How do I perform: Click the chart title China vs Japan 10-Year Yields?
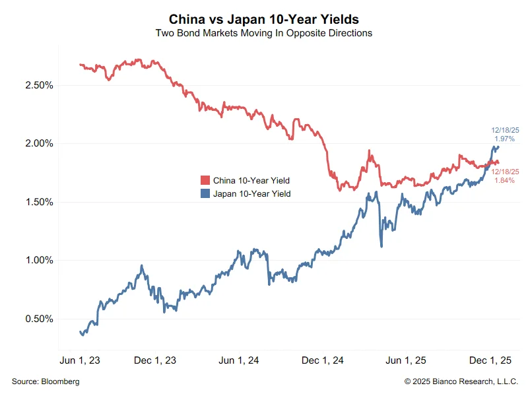click(x=264, y=19)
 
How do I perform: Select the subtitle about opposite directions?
click(x=264, y=33)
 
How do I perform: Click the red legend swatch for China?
click(x=205, y=181)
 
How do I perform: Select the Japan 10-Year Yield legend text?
click(x=252, y=194)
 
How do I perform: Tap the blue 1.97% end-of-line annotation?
click(x=505, y=139)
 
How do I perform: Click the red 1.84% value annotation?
click(x=505, y=180)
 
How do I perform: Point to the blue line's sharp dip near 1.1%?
click(x=381, y=246)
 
